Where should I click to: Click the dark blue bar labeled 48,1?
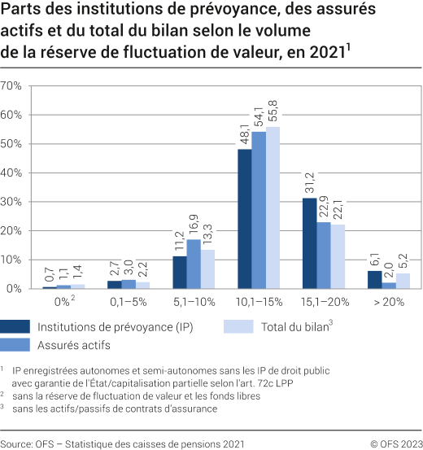coord(244,218)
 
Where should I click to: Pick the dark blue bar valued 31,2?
coord(309,242)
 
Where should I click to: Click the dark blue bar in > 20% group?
coord(373,279)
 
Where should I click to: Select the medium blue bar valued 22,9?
coord(322,255)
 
